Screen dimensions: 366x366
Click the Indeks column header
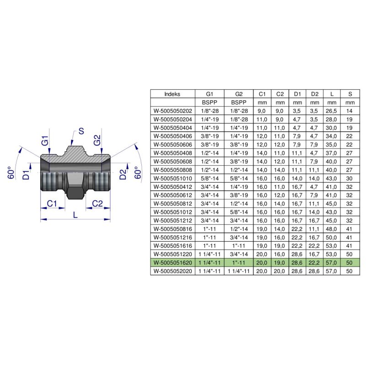[172, 94]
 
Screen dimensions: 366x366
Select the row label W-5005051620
[173, 263]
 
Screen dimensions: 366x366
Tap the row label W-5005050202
[173, 110]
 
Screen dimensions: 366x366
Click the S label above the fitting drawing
[81, 131]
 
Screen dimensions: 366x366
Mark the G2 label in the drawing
[97, 141]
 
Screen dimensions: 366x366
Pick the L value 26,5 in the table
[332, 110]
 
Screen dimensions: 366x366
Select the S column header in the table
[350, 94]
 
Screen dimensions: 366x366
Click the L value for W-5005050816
[332, 229]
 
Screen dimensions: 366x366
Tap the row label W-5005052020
[173, 271]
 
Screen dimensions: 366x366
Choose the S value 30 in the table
[350, 178]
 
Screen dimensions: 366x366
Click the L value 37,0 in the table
[332, 152]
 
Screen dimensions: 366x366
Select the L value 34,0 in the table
[332, 136]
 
